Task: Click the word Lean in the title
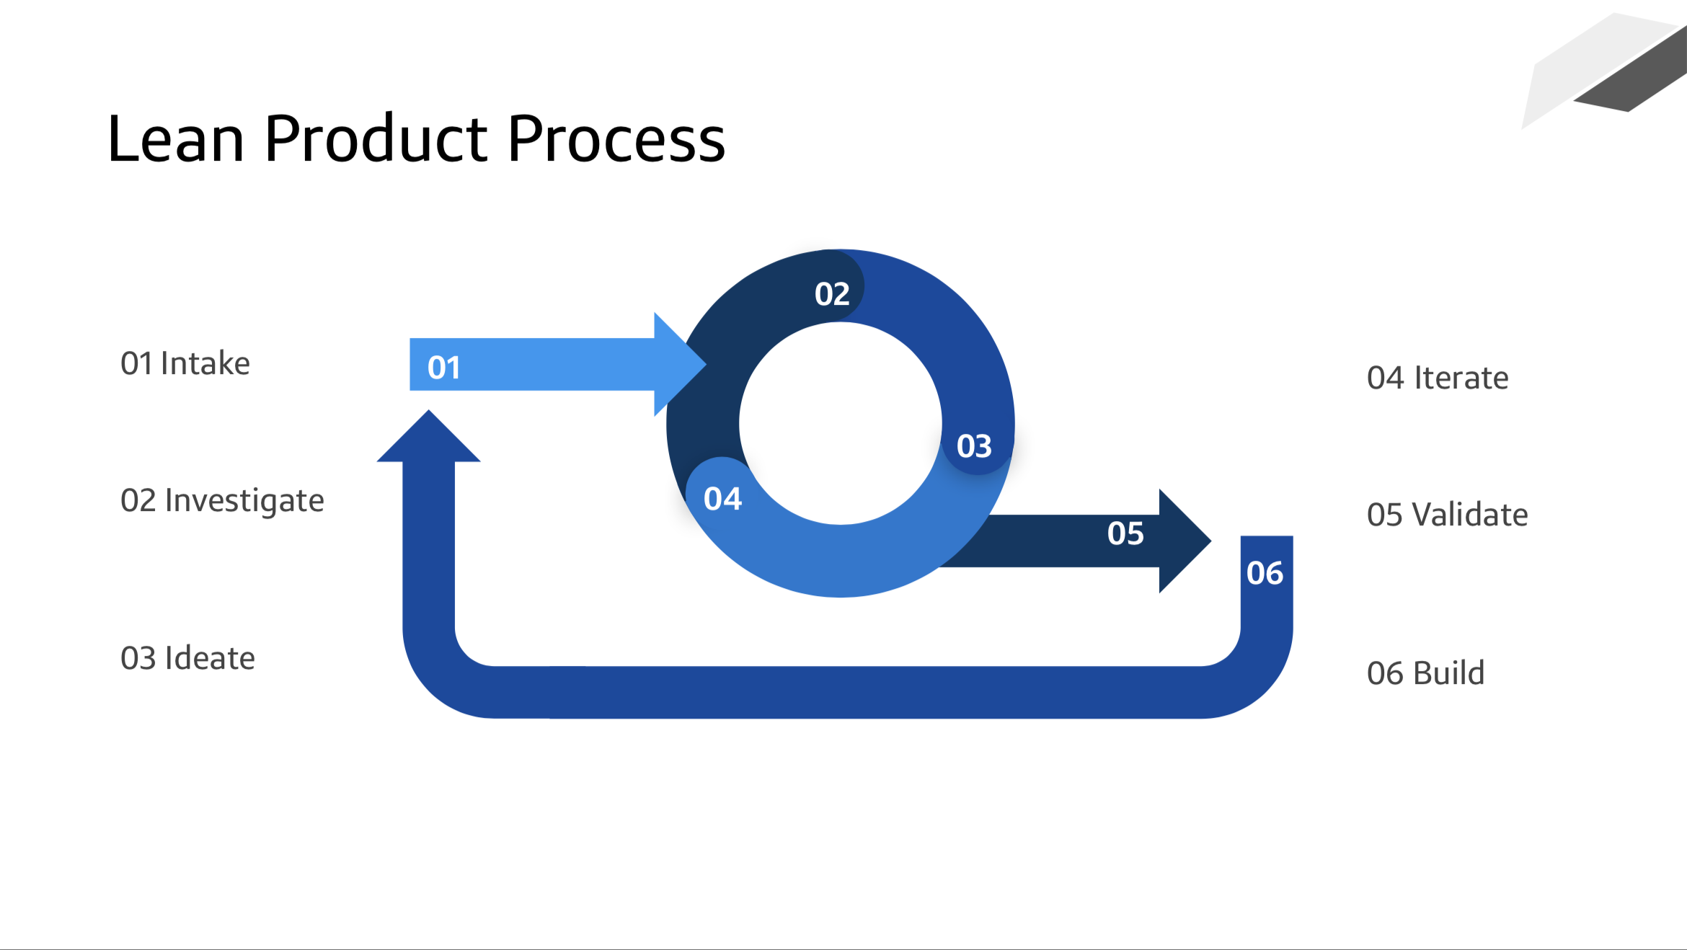click(175, 138)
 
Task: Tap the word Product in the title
click(376, 138)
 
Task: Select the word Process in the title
click(616, 138)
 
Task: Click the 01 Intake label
click(185, 363)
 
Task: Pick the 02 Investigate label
click(222, 501)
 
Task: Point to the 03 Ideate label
click(187, 658)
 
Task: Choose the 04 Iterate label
click(1438, 378)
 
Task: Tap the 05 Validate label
click(1447, 515)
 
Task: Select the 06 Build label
click(1425, 673)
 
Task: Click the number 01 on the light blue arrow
click(443, 368)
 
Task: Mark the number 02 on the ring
click(832, 294)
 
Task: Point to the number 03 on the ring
click(974, 446)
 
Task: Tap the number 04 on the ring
click(722, 499)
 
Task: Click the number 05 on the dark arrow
click(1125, 533)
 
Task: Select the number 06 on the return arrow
click(1265, 573)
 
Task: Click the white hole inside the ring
click(840, 423)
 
